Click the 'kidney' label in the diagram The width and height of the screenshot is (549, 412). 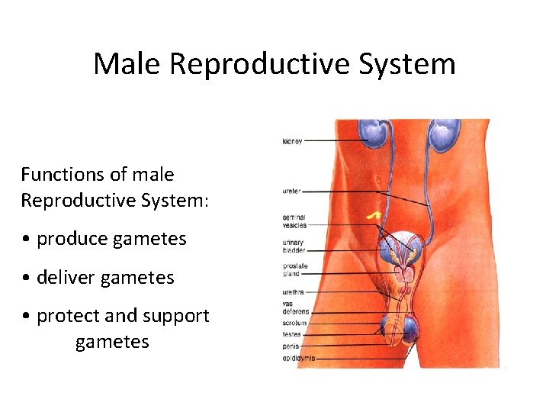tap(292, 141)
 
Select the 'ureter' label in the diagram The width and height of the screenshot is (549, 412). tap(291, 191)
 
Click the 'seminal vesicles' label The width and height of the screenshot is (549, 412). tap(294, 222)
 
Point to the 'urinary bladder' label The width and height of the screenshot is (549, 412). tap(294, 246)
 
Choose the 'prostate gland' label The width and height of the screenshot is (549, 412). tap(294, 270)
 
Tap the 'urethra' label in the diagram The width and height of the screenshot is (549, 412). tap(293, 291)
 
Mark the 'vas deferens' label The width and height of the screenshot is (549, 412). tap(295, 308)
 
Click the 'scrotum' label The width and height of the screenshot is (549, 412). tap(294, 323)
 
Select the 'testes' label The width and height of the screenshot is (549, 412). tap(291, 334)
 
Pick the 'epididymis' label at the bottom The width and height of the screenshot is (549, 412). tap(298, 357)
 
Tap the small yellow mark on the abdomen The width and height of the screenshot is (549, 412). tap(373, 217)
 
